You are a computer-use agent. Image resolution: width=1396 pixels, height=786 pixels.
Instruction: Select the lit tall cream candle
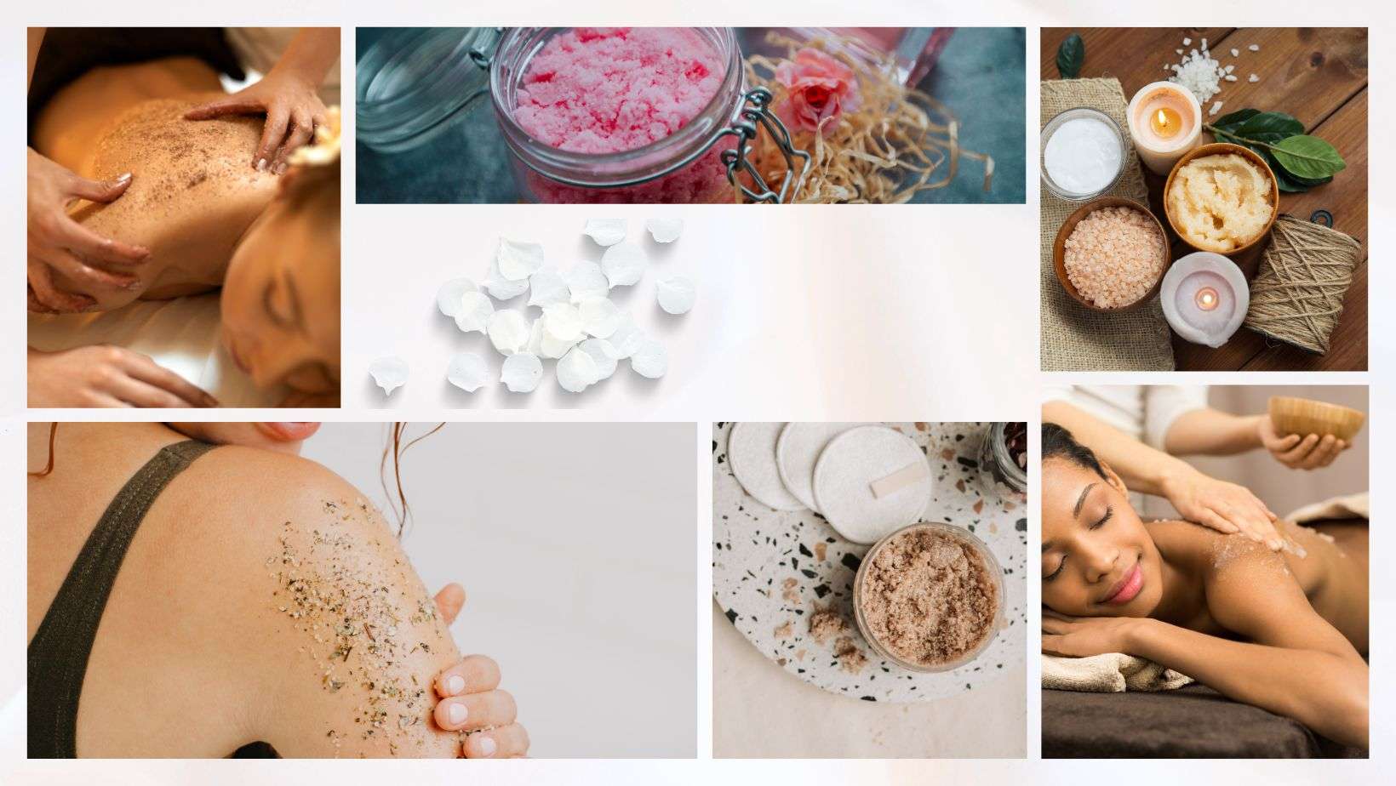coord(1163,118)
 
